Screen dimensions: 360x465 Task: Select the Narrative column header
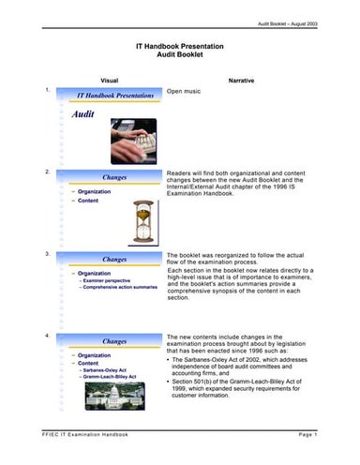(240, 80)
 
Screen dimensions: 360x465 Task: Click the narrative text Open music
(185, 94)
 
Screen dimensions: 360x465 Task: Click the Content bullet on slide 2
(88, 200)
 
